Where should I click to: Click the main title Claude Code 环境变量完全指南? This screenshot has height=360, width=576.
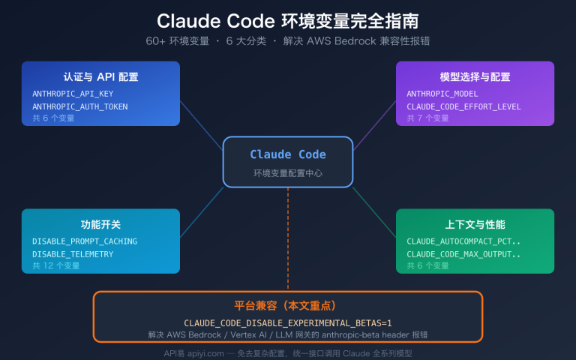(x=288, y=19)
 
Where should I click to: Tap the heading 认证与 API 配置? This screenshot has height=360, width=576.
(x=100, y=76)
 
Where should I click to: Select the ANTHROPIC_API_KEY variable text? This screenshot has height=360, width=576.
(x=73, y=94)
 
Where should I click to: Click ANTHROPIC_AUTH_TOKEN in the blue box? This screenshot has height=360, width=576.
(x=80, y=106)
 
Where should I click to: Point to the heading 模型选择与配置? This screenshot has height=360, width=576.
(x=475, y=76)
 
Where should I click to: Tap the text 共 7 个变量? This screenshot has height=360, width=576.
(x=428, y=118)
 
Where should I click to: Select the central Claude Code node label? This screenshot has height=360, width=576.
(x=288, y=154)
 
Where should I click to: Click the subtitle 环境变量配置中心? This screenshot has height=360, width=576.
(x=288, y=173)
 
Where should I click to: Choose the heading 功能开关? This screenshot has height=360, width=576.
(x=100, y=224)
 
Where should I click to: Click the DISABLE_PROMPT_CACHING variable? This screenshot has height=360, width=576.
(x=85, y=241)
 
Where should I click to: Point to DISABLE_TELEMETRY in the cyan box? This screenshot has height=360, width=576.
(x=73, y=254)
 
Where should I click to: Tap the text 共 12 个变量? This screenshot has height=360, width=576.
(x=56, y=265)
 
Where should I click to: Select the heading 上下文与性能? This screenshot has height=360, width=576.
(x=475, y=224)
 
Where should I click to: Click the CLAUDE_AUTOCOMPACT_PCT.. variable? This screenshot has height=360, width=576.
(x=463, y=241)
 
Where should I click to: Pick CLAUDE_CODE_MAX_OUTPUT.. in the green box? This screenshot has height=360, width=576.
(x=463, y=254)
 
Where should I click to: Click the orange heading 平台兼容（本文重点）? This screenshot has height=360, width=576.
(x=288, y=305)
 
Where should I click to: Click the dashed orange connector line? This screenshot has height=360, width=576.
(x=288, y=240)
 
